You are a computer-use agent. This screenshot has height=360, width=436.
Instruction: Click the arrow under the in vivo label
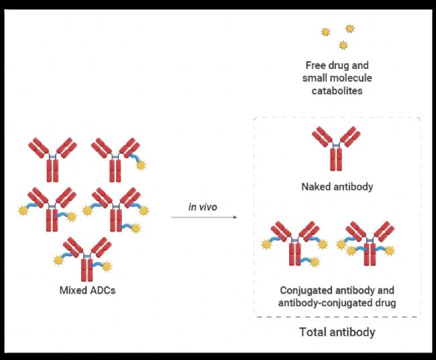coord(204,217)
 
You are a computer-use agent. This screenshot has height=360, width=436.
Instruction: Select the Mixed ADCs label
coord(87,291)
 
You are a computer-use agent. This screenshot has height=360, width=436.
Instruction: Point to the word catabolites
coord(337,91)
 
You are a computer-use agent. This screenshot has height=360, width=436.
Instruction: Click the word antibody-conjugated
coord(319,303)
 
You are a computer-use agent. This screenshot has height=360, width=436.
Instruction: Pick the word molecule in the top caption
coord(351,78)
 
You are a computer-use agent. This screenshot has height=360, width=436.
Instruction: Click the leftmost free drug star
coord(326,32)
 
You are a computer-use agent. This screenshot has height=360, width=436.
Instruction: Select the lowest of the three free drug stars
coord(343,45)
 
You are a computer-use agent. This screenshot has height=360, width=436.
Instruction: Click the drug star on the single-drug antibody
coord(141,166)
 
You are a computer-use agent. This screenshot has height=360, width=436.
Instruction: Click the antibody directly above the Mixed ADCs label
coord(86,259)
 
